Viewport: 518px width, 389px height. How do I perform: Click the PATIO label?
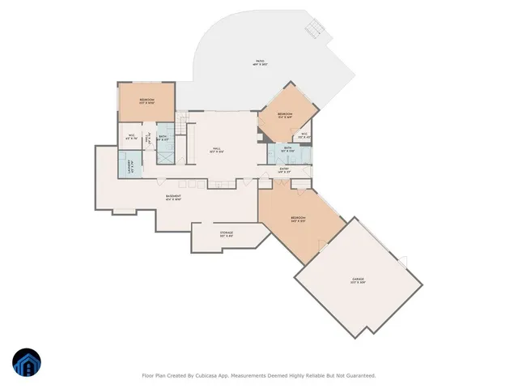click(x=260, y=62)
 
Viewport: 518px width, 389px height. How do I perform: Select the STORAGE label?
click(x=227, y=234)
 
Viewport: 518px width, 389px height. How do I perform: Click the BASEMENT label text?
click(x=173, y=197)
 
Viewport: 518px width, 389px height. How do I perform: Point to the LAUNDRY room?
click(x=129, y=165)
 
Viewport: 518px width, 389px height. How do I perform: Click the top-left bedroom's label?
click(x=146, y=101)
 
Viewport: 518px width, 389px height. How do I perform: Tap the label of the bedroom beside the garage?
click(x=299, y=219)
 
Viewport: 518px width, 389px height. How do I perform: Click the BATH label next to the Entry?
click(x=288, y=150)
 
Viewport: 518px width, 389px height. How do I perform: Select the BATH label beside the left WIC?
click(x=163, y=138)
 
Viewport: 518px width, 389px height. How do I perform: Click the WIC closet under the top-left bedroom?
click(x=131, y=137)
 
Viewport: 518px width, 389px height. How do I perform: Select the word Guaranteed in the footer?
click(x=358, y=376)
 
